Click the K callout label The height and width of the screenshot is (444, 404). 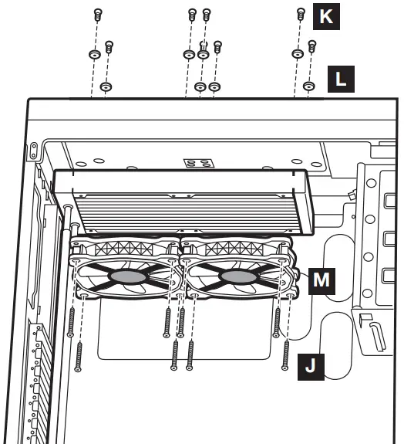point(327,16)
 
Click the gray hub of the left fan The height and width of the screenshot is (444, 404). point(124,276)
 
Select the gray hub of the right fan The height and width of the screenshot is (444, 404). point(234,276)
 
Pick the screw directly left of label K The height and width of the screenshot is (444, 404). point(301,14)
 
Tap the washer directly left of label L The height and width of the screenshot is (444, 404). point(309,86)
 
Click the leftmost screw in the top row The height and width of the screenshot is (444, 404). point(97,14)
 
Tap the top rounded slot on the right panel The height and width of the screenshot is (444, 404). point(372,185)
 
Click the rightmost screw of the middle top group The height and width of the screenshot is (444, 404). point(218,48)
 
